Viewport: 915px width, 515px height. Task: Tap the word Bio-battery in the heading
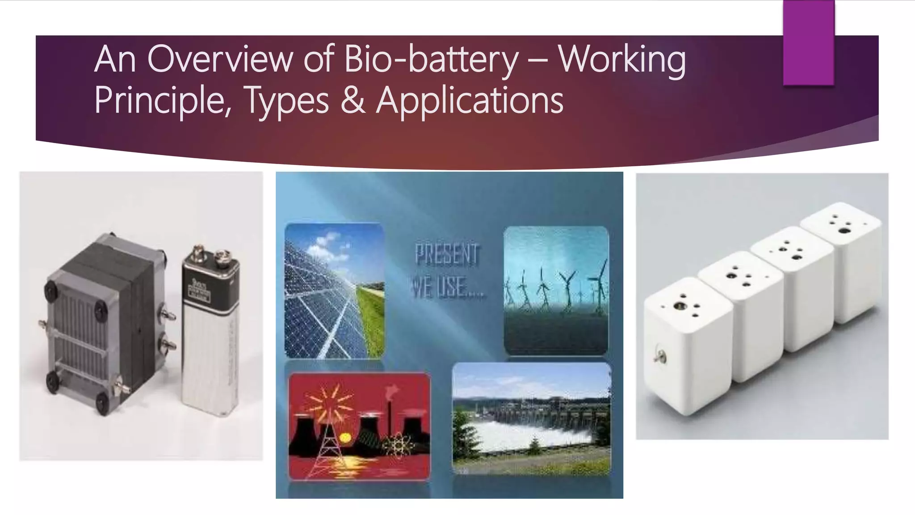[431, 60]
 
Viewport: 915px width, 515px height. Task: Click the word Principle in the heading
[159, 100]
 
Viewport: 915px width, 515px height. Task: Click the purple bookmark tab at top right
[809, 42]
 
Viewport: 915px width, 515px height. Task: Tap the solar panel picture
[334, 291]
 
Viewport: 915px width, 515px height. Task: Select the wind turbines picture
[556, 291]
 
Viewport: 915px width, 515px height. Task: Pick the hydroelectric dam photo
[531, 418]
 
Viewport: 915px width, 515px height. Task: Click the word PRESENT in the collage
[447, 255]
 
